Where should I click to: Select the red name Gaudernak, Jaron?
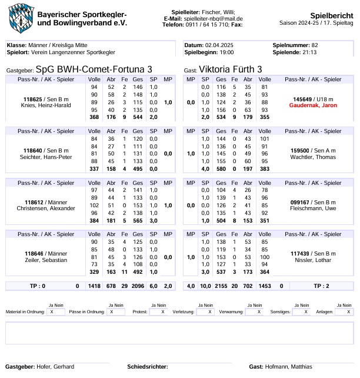point(314,105)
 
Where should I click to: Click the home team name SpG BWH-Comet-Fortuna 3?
point(94,69)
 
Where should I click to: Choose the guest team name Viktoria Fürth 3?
point(231,69)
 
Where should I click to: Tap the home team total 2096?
point(138,286)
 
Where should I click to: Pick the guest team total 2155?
point(221,286)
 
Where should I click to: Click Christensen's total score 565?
point(138,220)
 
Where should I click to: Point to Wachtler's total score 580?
point(221,168)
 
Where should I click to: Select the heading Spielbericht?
point(331,15)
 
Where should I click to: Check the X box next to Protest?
point(163,312)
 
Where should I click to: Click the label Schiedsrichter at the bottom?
point(147,367)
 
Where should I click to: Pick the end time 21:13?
point(309,52)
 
